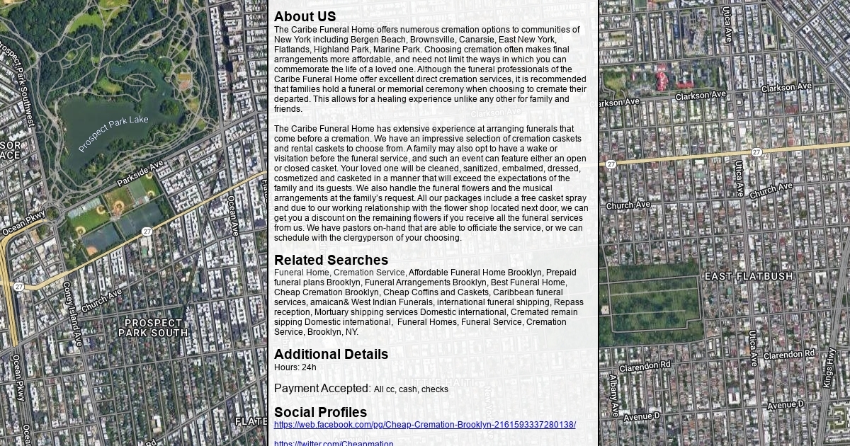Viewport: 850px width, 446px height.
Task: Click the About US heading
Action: point(305,16)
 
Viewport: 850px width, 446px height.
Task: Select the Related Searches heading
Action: point(331,260)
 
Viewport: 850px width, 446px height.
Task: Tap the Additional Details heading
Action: point(331,354)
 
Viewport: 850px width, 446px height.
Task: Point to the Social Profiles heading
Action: point(320,412)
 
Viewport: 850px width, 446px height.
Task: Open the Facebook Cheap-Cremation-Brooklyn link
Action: point(424,425)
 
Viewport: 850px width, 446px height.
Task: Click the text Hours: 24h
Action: point(295,367)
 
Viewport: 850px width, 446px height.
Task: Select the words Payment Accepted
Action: point(322,388)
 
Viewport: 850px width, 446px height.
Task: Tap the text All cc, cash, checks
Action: point(411,389)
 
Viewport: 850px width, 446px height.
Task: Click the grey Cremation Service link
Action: point(369,273)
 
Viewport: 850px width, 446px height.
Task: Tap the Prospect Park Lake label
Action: point(113,134)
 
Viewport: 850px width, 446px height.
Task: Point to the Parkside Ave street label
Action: point(140,173)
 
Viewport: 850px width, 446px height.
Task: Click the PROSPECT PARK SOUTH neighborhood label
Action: point(153,328)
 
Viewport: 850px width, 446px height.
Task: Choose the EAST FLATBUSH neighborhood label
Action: point(749,276)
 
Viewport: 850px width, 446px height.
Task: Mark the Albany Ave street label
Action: point(613,395)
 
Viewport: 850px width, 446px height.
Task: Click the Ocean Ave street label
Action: point(232,216)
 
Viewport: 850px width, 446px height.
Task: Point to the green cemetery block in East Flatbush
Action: point(652,297)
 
